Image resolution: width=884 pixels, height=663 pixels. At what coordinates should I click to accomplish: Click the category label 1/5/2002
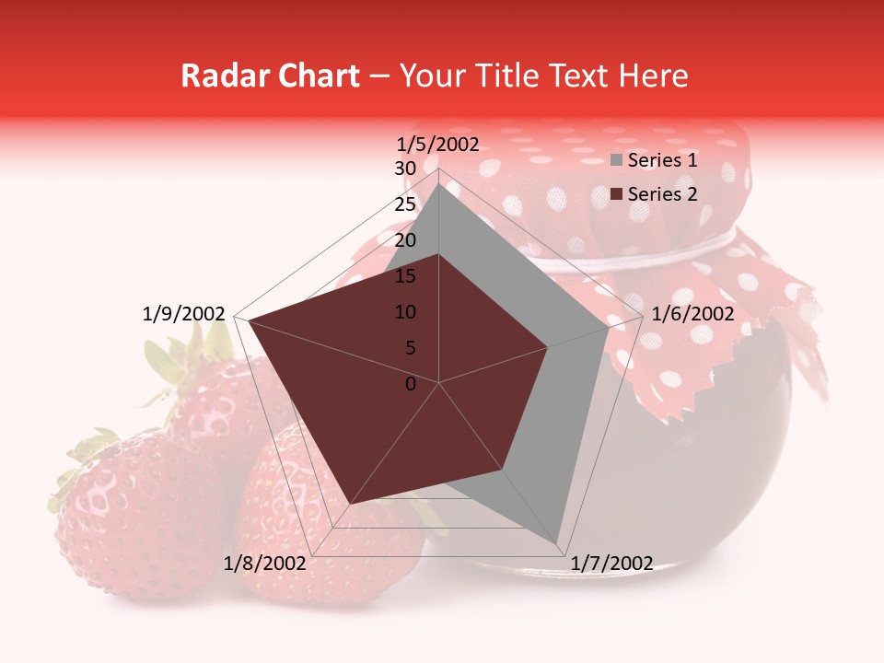pos(438,145)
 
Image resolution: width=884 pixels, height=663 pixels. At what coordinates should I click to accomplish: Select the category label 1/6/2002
pos(692,314)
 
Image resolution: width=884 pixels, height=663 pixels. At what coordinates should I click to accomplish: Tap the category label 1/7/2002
pos(611,564)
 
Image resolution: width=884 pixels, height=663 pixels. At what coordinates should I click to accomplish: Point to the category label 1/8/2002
pos(264,564)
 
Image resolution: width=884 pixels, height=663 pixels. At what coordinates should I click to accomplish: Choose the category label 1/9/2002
pos(183,314)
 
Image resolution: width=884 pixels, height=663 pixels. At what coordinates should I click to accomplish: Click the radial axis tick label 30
pos(405,169)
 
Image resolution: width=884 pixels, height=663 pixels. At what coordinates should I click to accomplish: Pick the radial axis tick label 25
pos(405,204)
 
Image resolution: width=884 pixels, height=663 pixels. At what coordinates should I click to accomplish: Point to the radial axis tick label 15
pos(405,276)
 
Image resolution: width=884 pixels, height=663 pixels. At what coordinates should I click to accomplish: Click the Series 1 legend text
pos(662,160)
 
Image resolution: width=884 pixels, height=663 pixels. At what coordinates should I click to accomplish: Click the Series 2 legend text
pos(662,193)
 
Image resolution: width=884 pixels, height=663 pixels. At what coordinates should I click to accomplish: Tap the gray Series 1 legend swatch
pos(617,161)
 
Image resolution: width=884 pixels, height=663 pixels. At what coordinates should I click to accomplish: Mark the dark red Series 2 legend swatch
pos(617,194)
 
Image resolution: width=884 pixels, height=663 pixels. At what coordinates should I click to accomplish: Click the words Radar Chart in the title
pos(270,76)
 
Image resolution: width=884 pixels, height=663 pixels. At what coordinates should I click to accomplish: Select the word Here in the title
pos(653,76)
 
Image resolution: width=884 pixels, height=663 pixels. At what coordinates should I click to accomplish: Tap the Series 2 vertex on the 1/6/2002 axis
pos(548,347)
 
